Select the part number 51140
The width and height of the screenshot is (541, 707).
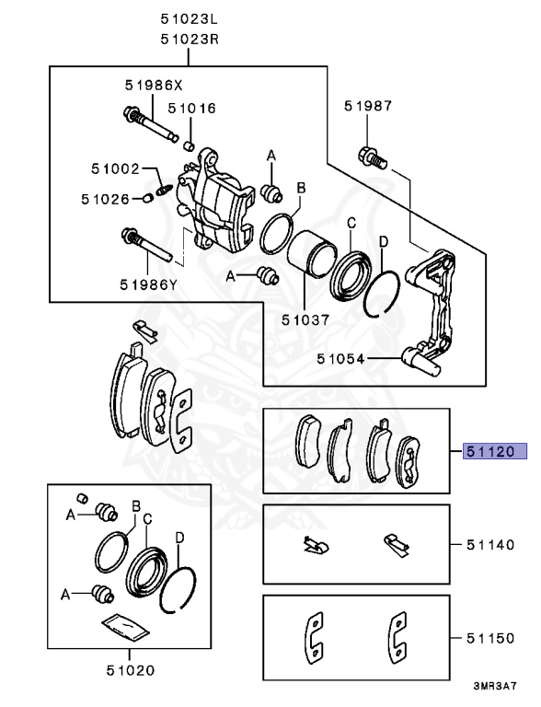pos(490,545)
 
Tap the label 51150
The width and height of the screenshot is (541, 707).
pos(490,638)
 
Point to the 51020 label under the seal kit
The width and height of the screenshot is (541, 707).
pos(131,670)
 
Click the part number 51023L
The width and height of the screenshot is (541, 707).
pos(190,19)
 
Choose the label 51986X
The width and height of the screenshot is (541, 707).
pos(155,85)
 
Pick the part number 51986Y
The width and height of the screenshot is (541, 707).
pos(149,284)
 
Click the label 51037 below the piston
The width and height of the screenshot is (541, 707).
pos(305,319)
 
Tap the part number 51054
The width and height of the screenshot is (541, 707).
pos(340,358)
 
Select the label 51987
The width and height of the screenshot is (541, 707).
pos(368,106)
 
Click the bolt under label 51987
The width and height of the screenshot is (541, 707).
pos(373,158)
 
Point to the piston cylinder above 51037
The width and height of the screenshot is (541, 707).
pos(311,252)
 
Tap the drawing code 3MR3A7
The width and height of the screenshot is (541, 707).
pos(495,687)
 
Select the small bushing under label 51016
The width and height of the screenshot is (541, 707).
pos(190,146)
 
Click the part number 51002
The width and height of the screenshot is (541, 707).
pos(115,168)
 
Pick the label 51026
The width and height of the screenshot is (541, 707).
pos(105,199)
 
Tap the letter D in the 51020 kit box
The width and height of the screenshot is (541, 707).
pos(179,538)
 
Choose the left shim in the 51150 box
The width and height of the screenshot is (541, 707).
pos(314,638)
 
